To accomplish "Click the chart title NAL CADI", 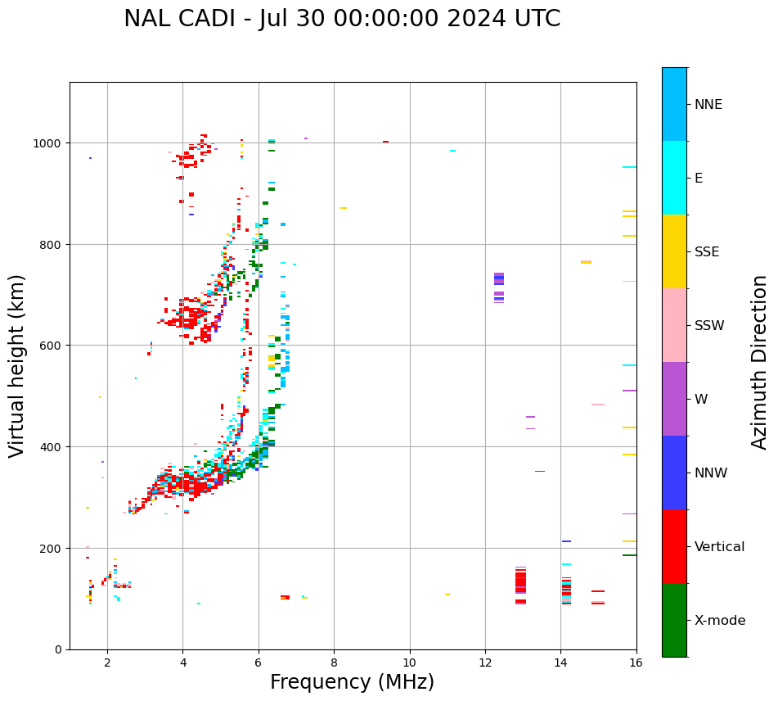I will pos(342,19).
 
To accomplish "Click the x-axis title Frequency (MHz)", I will pos(352,682).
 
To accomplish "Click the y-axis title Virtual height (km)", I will pos(17,365).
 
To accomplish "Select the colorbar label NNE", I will pos(708,104).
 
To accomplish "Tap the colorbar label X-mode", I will pos(720,620).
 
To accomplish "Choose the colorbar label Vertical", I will pos(720,546).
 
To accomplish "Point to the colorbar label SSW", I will pos(709,325).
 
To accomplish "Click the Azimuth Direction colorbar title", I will pos(760,362).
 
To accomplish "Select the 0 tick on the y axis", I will pos(57,649).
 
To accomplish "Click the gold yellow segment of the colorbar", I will pos(674,251).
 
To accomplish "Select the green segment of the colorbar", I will pos(674,620).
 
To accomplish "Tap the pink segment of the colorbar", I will pos(674,325).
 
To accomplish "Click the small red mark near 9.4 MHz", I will pos(385,142).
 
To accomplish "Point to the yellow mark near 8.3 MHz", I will pos(344,208).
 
